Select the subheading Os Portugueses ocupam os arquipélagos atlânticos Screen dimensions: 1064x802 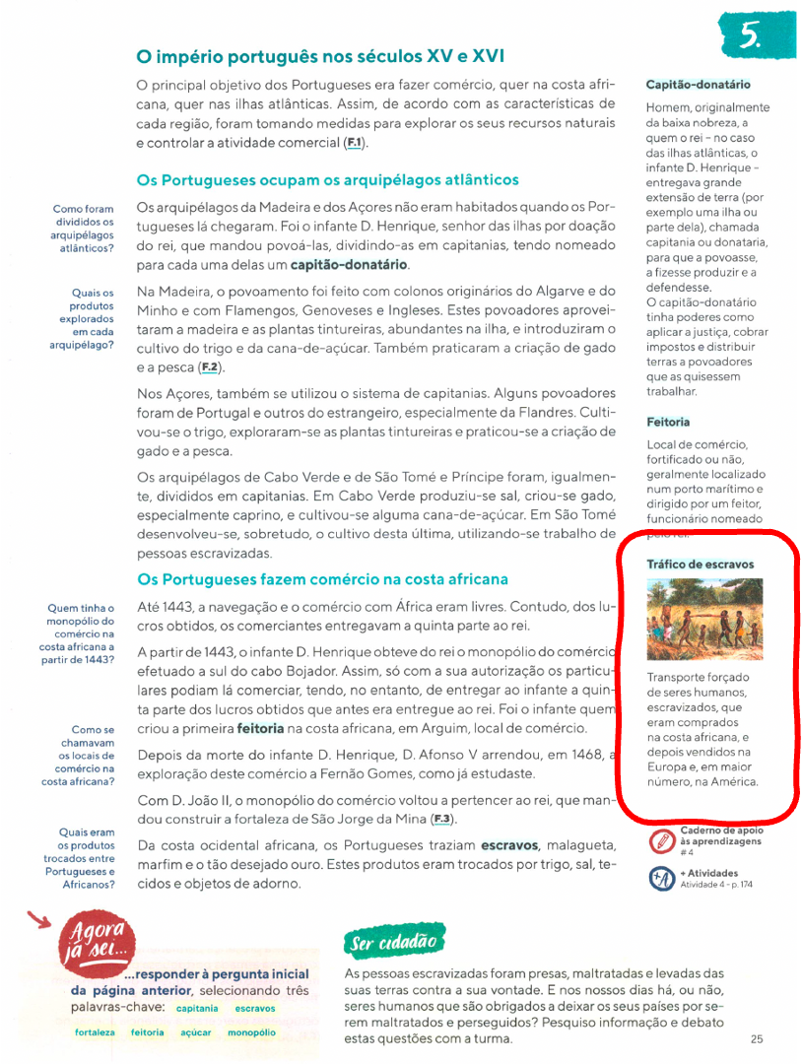[327, 180]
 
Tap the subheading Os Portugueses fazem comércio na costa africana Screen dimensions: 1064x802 [323, 579]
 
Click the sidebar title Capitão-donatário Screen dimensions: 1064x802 [698, 85]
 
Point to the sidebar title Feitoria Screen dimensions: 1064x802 [668, 422]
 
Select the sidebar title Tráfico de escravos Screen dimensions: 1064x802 [700, 565]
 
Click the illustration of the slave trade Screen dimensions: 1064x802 [704, 619]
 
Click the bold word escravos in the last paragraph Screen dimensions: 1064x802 [509, 845]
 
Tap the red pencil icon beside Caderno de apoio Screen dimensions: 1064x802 [661, 842]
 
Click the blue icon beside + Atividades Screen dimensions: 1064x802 [661, 879]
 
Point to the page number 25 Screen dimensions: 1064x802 [756, 1038]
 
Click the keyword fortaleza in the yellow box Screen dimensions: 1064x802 [95, 1032]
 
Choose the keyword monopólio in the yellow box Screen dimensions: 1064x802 [251, 1032]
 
